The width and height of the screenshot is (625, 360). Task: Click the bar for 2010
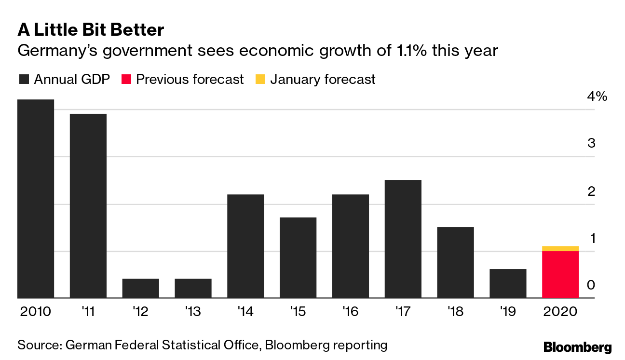pyautogui.click(x=36, y=199)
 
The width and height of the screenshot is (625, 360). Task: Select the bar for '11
pyautogui.click(x=88, y=206)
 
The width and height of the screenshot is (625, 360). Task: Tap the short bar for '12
pyautogui.click(x=140, y=289)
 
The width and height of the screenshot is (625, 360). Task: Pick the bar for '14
pyautogui.click(x=245, y=246)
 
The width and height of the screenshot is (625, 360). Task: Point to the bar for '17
pyautogui.click(x=403, y=239)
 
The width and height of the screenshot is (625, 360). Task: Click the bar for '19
pyautogui.click(x=508, y=284)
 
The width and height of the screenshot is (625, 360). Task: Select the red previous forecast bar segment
pyautogui.click(x=560, y=275)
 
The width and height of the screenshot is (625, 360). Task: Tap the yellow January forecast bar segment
pyautogui.click(x=560, y=249)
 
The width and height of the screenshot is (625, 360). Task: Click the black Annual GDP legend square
pyautogui.click(x=23, y=80)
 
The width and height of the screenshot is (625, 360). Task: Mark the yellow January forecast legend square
pyautogui.click(x=260, y=80)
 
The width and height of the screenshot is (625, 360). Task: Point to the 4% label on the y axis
pyautogui.click(x=597, y=97)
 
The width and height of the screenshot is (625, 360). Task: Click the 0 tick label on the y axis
pyautogui.click(x=591, y=285)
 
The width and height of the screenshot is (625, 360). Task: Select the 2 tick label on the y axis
pyautogui.click(x=591, y=191)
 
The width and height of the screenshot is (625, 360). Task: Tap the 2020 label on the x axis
pyautogui.click(x=560, y=312)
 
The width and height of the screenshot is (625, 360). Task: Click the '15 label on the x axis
pyautogui.click(x=298, y=312)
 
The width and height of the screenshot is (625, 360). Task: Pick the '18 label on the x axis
pyautogui.click(x=455, y=312)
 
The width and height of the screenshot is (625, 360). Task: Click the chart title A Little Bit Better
pyautogui.click(x=91, y=30)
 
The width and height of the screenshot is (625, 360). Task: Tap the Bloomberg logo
pyautogui.click(x=577, y=347)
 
